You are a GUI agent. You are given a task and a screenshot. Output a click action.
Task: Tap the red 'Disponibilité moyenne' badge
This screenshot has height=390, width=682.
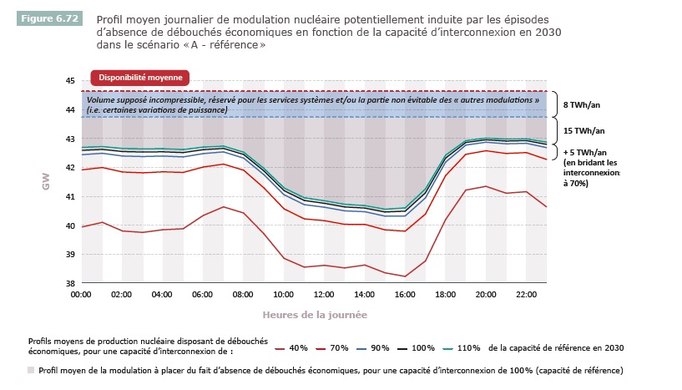(140, 78)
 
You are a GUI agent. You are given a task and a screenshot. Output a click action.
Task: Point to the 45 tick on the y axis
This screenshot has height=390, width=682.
(70, 81)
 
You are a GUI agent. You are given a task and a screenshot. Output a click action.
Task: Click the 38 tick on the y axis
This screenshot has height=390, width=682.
(70, 284)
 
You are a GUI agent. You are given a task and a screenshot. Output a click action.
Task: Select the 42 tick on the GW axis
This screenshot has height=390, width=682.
(70, 168)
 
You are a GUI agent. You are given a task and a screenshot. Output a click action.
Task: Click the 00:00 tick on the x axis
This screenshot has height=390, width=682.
(81, 295)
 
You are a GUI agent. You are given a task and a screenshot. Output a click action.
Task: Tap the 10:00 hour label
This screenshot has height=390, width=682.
(284, 295)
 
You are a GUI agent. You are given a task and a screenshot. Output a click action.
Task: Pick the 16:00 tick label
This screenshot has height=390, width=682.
(406, 295)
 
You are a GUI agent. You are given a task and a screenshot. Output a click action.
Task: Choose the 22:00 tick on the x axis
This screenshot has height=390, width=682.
(528, 295)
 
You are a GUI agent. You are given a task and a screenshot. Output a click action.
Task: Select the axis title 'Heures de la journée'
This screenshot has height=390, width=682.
(314, 315)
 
